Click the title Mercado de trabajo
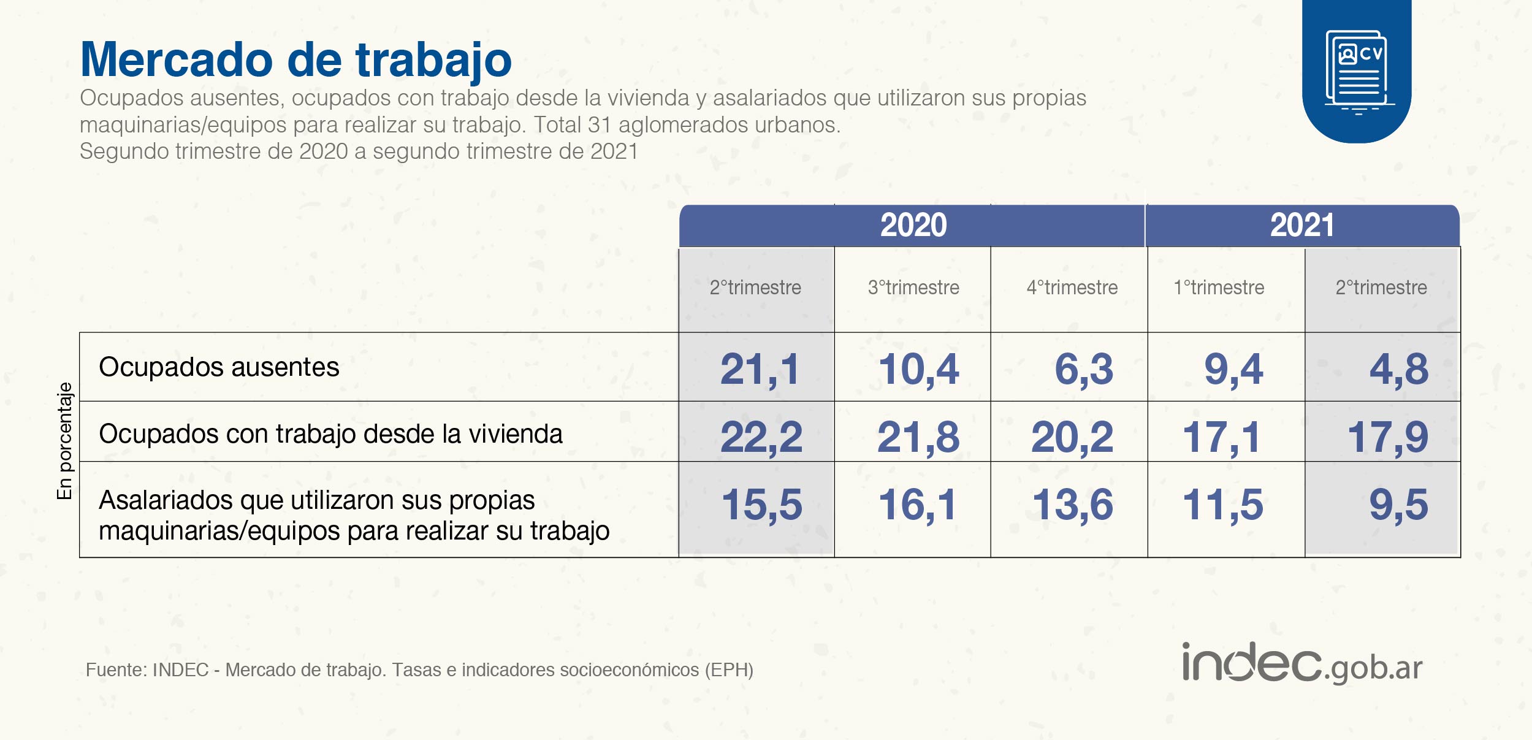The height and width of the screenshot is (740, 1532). click(295, 60)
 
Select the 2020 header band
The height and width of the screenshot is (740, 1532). click(913, 225)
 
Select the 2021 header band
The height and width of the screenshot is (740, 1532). click(1301, 225)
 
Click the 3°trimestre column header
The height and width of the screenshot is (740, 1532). click(913, 288)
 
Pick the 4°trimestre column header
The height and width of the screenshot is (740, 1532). click(1072, 288)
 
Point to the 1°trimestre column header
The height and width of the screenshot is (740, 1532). click(1219, 288)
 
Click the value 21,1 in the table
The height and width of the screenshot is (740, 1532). click(760, 370)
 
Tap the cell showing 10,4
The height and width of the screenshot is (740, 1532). click(918, 370)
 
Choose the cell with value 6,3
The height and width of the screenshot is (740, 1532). click(1083, 370)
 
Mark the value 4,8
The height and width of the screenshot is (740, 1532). click(1398, 370)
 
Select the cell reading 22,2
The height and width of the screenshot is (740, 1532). click(761, 438)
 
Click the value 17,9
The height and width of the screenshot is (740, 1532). click(1387, 438)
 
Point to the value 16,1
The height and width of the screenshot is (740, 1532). click(917, 505)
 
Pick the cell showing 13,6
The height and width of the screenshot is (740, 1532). click(1072, 505)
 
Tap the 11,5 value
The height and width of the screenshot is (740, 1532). click(1222, 505)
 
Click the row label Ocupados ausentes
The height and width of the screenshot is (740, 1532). click(219, 367)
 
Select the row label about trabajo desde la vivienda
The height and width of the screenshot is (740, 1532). click(330, 434)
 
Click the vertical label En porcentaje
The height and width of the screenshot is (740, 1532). click(64, 440)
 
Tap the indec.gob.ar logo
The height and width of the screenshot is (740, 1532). click(1301, 664)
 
